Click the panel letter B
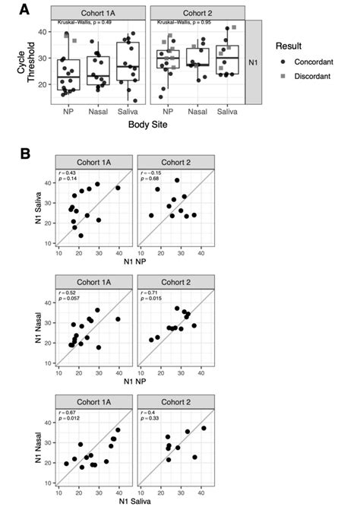[26, 151]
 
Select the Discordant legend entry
[307, 77]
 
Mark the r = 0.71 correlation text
[147, 290]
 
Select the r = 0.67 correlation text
[68, 409]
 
